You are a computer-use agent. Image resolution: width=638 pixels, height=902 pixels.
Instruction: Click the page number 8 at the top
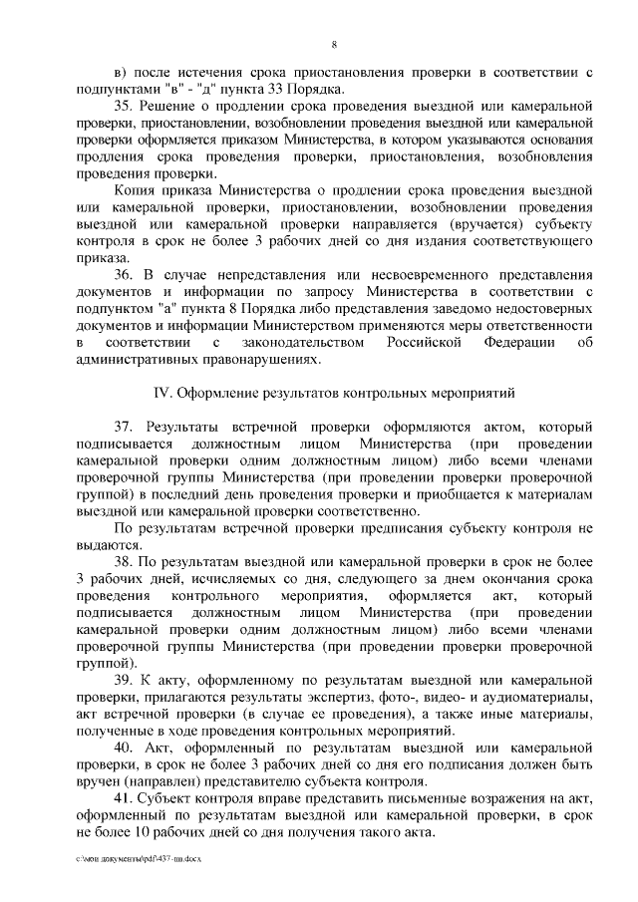coord(334,42)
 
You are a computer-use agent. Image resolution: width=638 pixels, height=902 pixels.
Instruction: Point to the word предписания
coord(422,527)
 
